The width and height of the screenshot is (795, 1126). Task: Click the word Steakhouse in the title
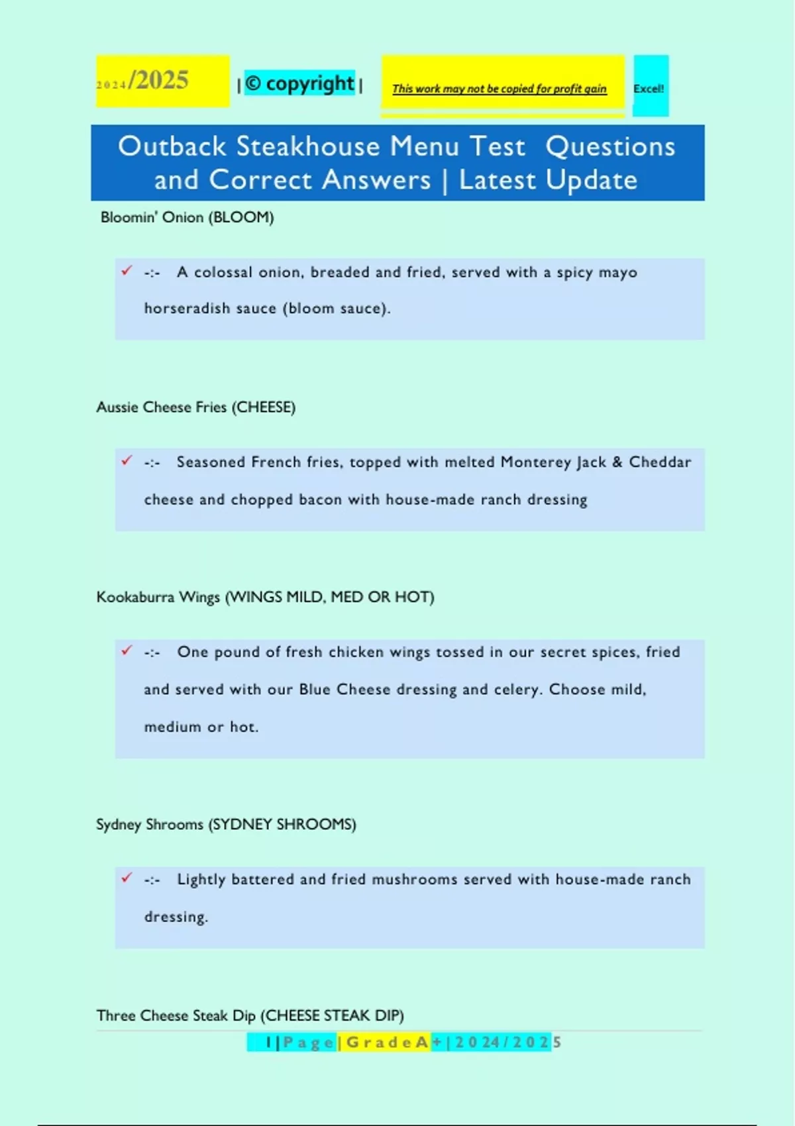click(x=308, y=146)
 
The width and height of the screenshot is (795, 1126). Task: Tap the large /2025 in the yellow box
click(x=159, y=80)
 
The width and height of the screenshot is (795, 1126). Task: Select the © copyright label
click(x=299, y=83)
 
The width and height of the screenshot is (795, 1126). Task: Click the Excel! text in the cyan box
click(x=649, y=89)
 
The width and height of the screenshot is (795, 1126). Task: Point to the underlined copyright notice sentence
click(x=499, y=89)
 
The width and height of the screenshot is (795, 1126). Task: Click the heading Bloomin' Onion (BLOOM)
click(x=187, y=217)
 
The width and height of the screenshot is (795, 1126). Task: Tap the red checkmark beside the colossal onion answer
click(x=127, y=270)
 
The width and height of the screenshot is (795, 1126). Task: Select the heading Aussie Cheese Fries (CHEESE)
click(x=195, y=407)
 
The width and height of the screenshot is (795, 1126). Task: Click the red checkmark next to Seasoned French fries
click(x=127, y=460)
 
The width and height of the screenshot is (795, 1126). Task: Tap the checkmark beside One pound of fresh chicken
click(x=127, y=650)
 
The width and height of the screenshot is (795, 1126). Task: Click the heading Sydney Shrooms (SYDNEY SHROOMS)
click(x=226, y=824)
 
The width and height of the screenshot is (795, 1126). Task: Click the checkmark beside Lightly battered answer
click(x=127, y=878)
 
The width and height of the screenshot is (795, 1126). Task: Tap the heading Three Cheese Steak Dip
click(x=250, y=1015)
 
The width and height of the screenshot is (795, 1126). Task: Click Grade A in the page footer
click(x=388, y=1043)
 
